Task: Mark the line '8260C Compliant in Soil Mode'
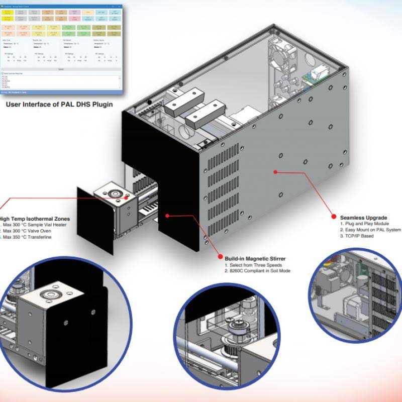[x=259, y=271]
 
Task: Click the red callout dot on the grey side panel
[x=275, y=172]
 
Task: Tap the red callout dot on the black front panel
[x=167, y=215]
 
